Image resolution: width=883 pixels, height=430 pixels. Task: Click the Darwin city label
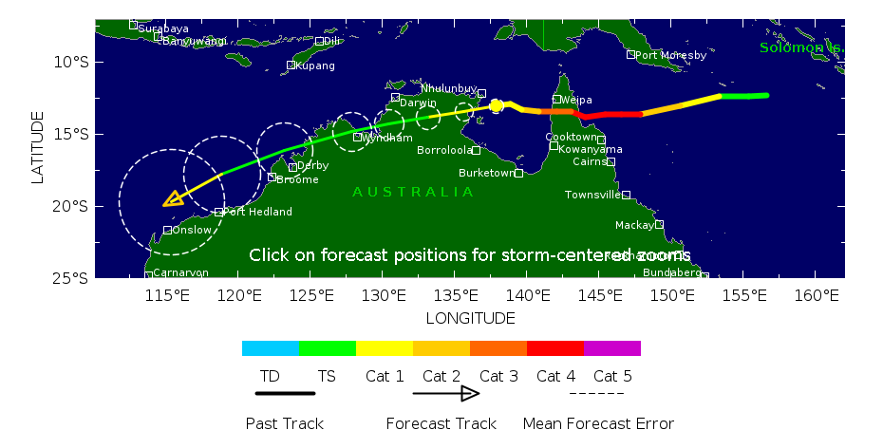418,103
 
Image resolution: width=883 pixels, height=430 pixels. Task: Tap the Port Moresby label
670,55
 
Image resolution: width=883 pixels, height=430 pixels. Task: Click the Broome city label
297,179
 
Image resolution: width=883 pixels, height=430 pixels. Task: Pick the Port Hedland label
257,212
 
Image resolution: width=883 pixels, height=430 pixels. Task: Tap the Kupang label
314,65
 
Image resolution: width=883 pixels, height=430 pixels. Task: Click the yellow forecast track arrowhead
173,198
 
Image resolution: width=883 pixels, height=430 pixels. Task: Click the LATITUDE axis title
38,147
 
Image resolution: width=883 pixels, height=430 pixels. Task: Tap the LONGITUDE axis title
470,318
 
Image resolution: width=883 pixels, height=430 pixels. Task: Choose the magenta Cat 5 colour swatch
612,348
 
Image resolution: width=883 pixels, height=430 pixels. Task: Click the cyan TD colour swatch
271,348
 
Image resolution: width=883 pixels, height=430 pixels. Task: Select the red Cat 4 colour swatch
555,348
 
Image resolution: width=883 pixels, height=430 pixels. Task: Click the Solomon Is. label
801,47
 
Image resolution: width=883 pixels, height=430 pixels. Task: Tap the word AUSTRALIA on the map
413,192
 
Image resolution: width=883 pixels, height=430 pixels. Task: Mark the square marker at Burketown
518,173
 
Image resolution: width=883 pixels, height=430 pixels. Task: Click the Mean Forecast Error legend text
598,423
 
